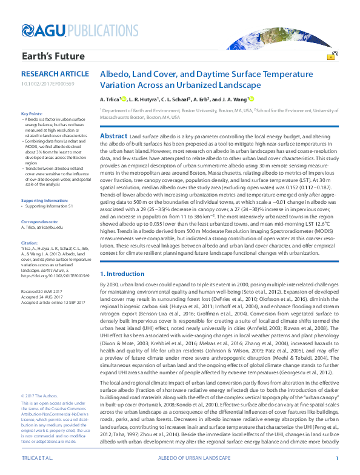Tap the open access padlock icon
[332, 56]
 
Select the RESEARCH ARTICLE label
[50, 73]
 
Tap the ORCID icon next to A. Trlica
[124, 98]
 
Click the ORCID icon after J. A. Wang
[250, 98]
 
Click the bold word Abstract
[113, 135]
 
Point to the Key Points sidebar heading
[32, 114]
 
